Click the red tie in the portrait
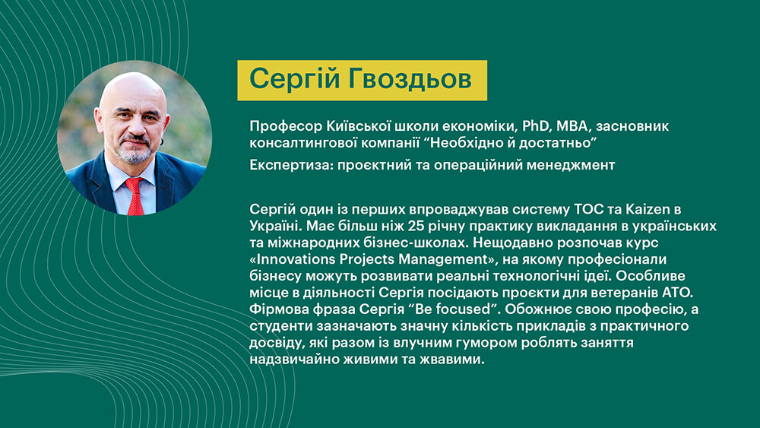(135, 195)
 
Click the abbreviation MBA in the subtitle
(572, 126)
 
